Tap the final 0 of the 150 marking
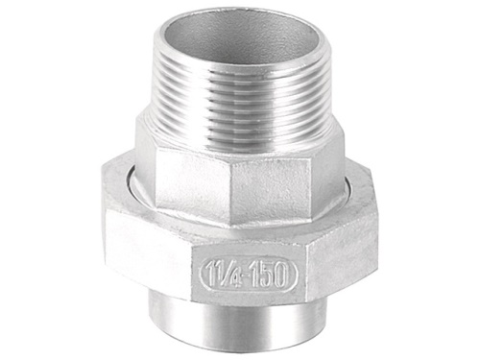pyautogui.click(x=280, y=276)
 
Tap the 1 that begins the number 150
pyautogui.click(x=252, y=275)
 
